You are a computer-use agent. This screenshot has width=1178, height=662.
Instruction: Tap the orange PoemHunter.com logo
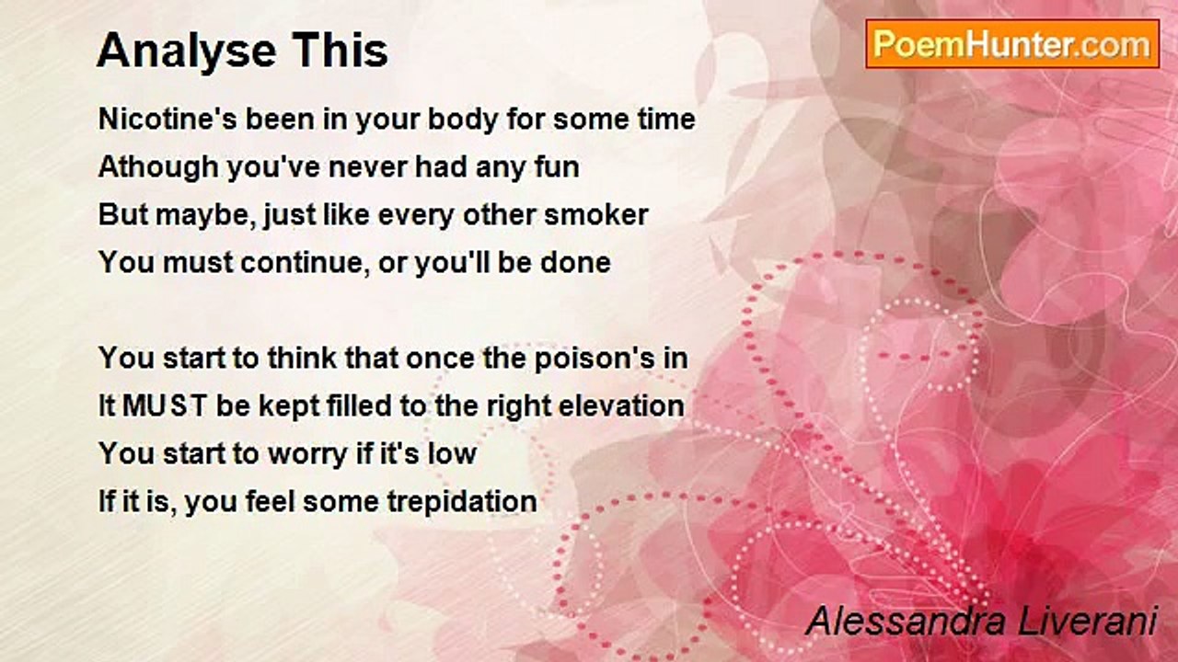(x=1012, y=44)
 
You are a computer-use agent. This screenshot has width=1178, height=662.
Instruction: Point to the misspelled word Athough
(x=158, y=167)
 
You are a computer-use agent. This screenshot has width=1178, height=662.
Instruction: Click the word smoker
(x=595, y=215)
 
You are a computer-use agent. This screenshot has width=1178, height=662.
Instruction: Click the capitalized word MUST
(x=165, y=406)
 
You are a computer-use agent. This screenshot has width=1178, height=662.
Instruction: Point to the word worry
(x=307, y=454)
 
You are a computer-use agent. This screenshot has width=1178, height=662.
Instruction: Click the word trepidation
(x=462, y=502)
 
